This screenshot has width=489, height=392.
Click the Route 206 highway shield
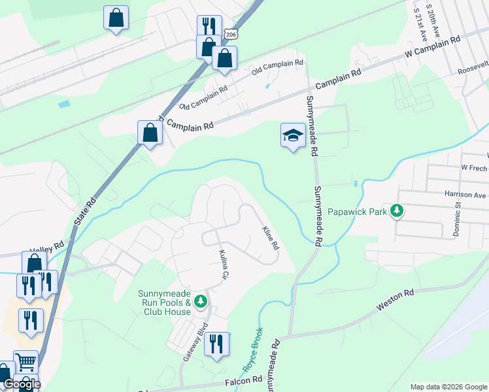click(x=229, y=33)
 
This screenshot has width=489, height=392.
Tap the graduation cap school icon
click(x=293, y=135)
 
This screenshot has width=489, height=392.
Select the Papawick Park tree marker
click(x=396, y=211)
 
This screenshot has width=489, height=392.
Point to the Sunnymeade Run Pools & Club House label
click(x=165, y=302)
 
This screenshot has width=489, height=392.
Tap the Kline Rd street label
click(x=271, y=238)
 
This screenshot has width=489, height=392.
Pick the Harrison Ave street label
click(x=466, y=195)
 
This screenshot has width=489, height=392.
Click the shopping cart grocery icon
click(x=25, y=361)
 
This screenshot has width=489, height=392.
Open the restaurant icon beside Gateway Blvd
click(x=217, y=344)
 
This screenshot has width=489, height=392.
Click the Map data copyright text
click(x=448, y=387)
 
